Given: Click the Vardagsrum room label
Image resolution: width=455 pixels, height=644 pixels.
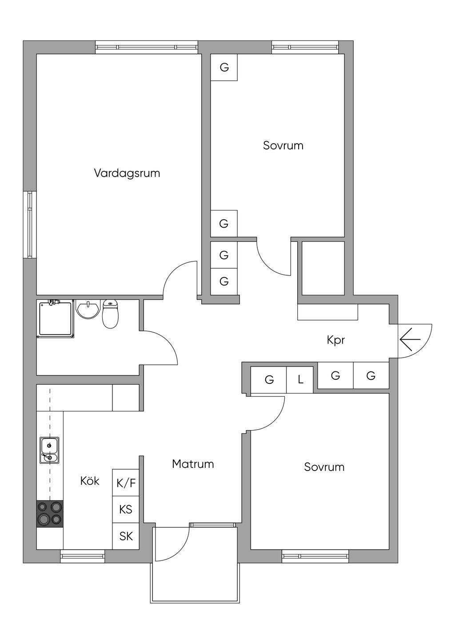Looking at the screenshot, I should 127,173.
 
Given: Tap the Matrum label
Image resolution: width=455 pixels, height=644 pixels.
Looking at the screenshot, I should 193,464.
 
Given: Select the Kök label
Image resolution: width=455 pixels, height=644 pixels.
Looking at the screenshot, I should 90,481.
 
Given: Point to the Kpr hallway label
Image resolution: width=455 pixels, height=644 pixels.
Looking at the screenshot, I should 336,340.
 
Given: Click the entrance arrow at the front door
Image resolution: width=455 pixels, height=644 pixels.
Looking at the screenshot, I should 410,340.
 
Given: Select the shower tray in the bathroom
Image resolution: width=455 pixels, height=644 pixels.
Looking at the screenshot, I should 56,319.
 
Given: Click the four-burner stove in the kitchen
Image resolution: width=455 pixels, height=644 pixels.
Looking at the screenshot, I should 49,513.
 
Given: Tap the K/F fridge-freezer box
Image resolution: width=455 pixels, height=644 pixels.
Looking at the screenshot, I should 126,483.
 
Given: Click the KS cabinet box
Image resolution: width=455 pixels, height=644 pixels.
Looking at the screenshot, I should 126,509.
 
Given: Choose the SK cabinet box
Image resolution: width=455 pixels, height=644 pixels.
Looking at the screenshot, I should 126,536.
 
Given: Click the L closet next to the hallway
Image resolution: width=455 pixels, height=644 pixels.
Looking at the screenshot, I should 300,380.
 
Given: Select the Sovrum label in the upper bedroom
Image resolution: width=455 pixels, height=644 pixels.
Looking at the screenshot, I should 283,145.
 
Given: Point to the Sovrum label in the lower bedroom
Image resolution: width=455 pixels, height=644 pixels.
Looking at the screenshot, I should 324,467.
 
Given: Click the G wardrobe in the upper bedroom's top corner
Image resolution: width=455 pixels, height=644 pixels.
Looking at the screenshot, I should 224,68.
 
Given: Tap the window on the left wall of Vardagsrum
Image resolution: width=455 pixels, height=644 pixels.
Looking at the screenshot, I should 30,225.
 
